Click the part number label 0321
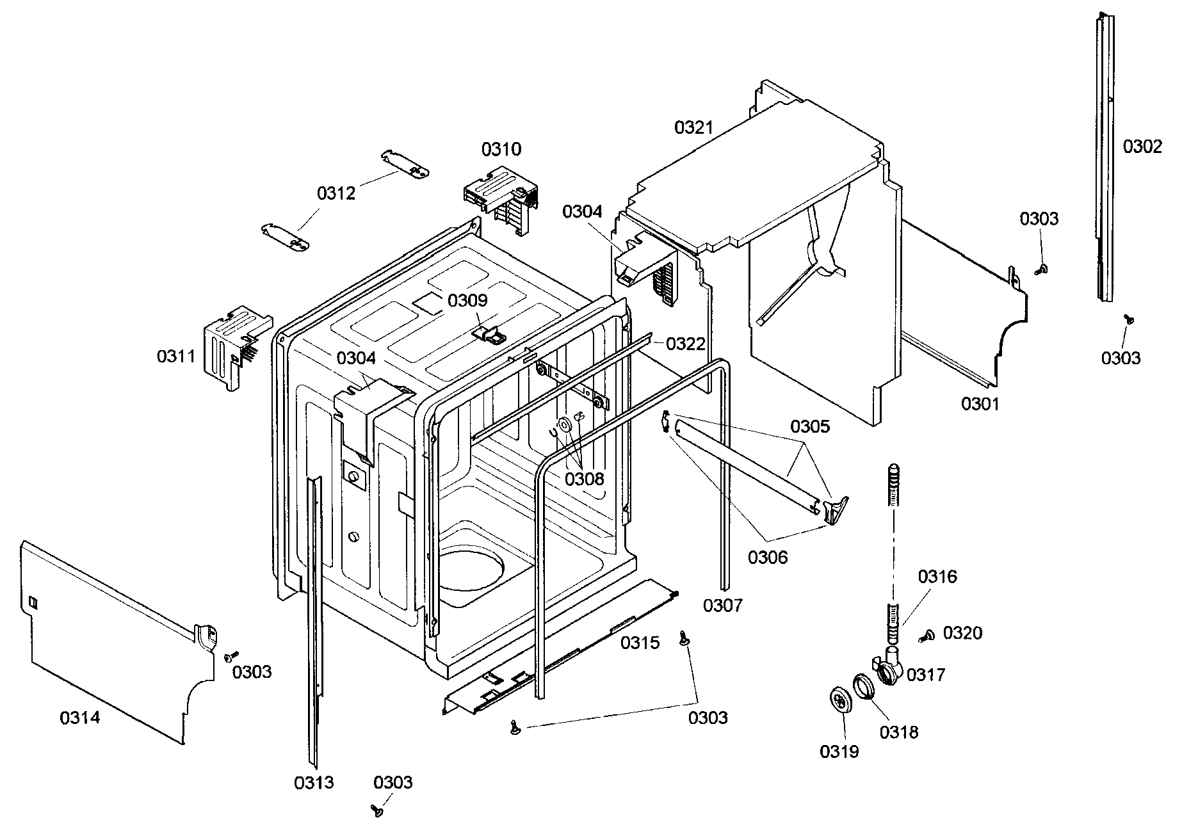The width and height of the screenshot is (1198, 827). (x=693, y=128)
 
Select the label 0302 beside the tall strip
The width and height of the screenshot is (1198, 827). (x=1142, y=147)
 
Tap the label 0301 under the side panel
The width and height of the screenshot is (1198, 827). (x=980, y=405)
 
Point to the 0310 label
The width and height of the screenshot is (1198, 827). (x=501, y=150)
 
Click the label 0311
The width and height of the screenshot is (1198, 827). (x=176, y=357)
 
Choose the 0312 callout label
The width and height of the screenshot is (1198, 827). (x=336, y=193)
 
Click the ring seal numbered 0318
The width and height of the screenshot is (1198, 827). (x=863, y=687)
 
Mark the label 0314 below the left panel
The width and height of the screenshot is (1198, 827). (x=80, y=718)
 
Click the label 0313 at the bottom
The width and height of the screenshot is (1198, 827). (x=314, y=783)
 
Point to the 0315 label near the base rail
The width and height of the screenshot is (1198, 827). (x=640, y=643)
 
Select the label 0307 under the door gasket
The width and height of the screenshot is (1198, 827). (x=722, y=606)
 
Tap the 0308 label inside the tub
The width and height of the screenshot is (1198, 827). (x=584, y=479)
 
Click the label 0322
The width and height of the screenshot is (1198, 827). (x=686, y=344)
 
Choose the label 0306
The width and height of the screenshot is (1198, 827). (x=768, y=558)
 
